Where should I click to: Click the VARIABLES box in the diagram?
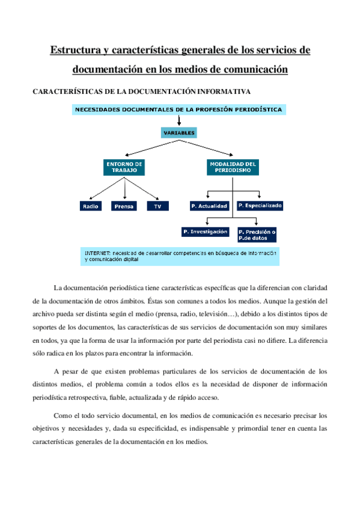pos(179,132)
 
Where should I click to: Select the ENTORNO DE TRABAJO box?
pos(124,167)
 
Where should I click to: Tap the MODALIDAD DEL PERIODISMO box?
pos(233,167)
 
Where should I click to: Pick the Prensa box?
pos(124,206)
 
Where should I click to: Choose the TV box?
pos(157,206)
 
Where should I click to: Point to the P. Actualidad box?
pos(208,206)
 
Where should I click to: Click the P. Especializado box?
pos(260,206)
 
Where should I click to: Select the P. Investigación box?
pos(205,232)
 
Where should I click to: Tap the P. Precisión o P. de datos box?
pos(257,234)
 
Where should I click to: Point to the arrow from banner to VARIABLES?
pos(179,120)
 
